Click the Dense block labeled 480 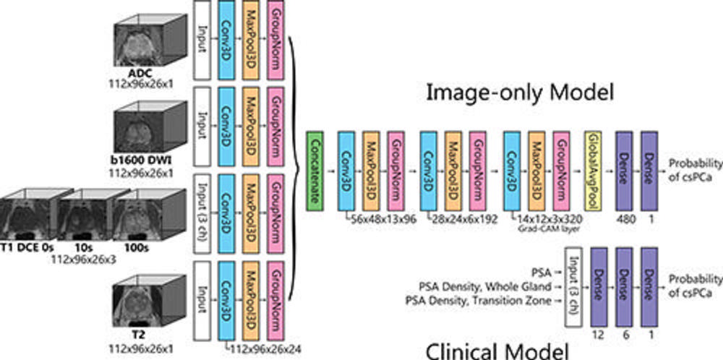623,172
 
